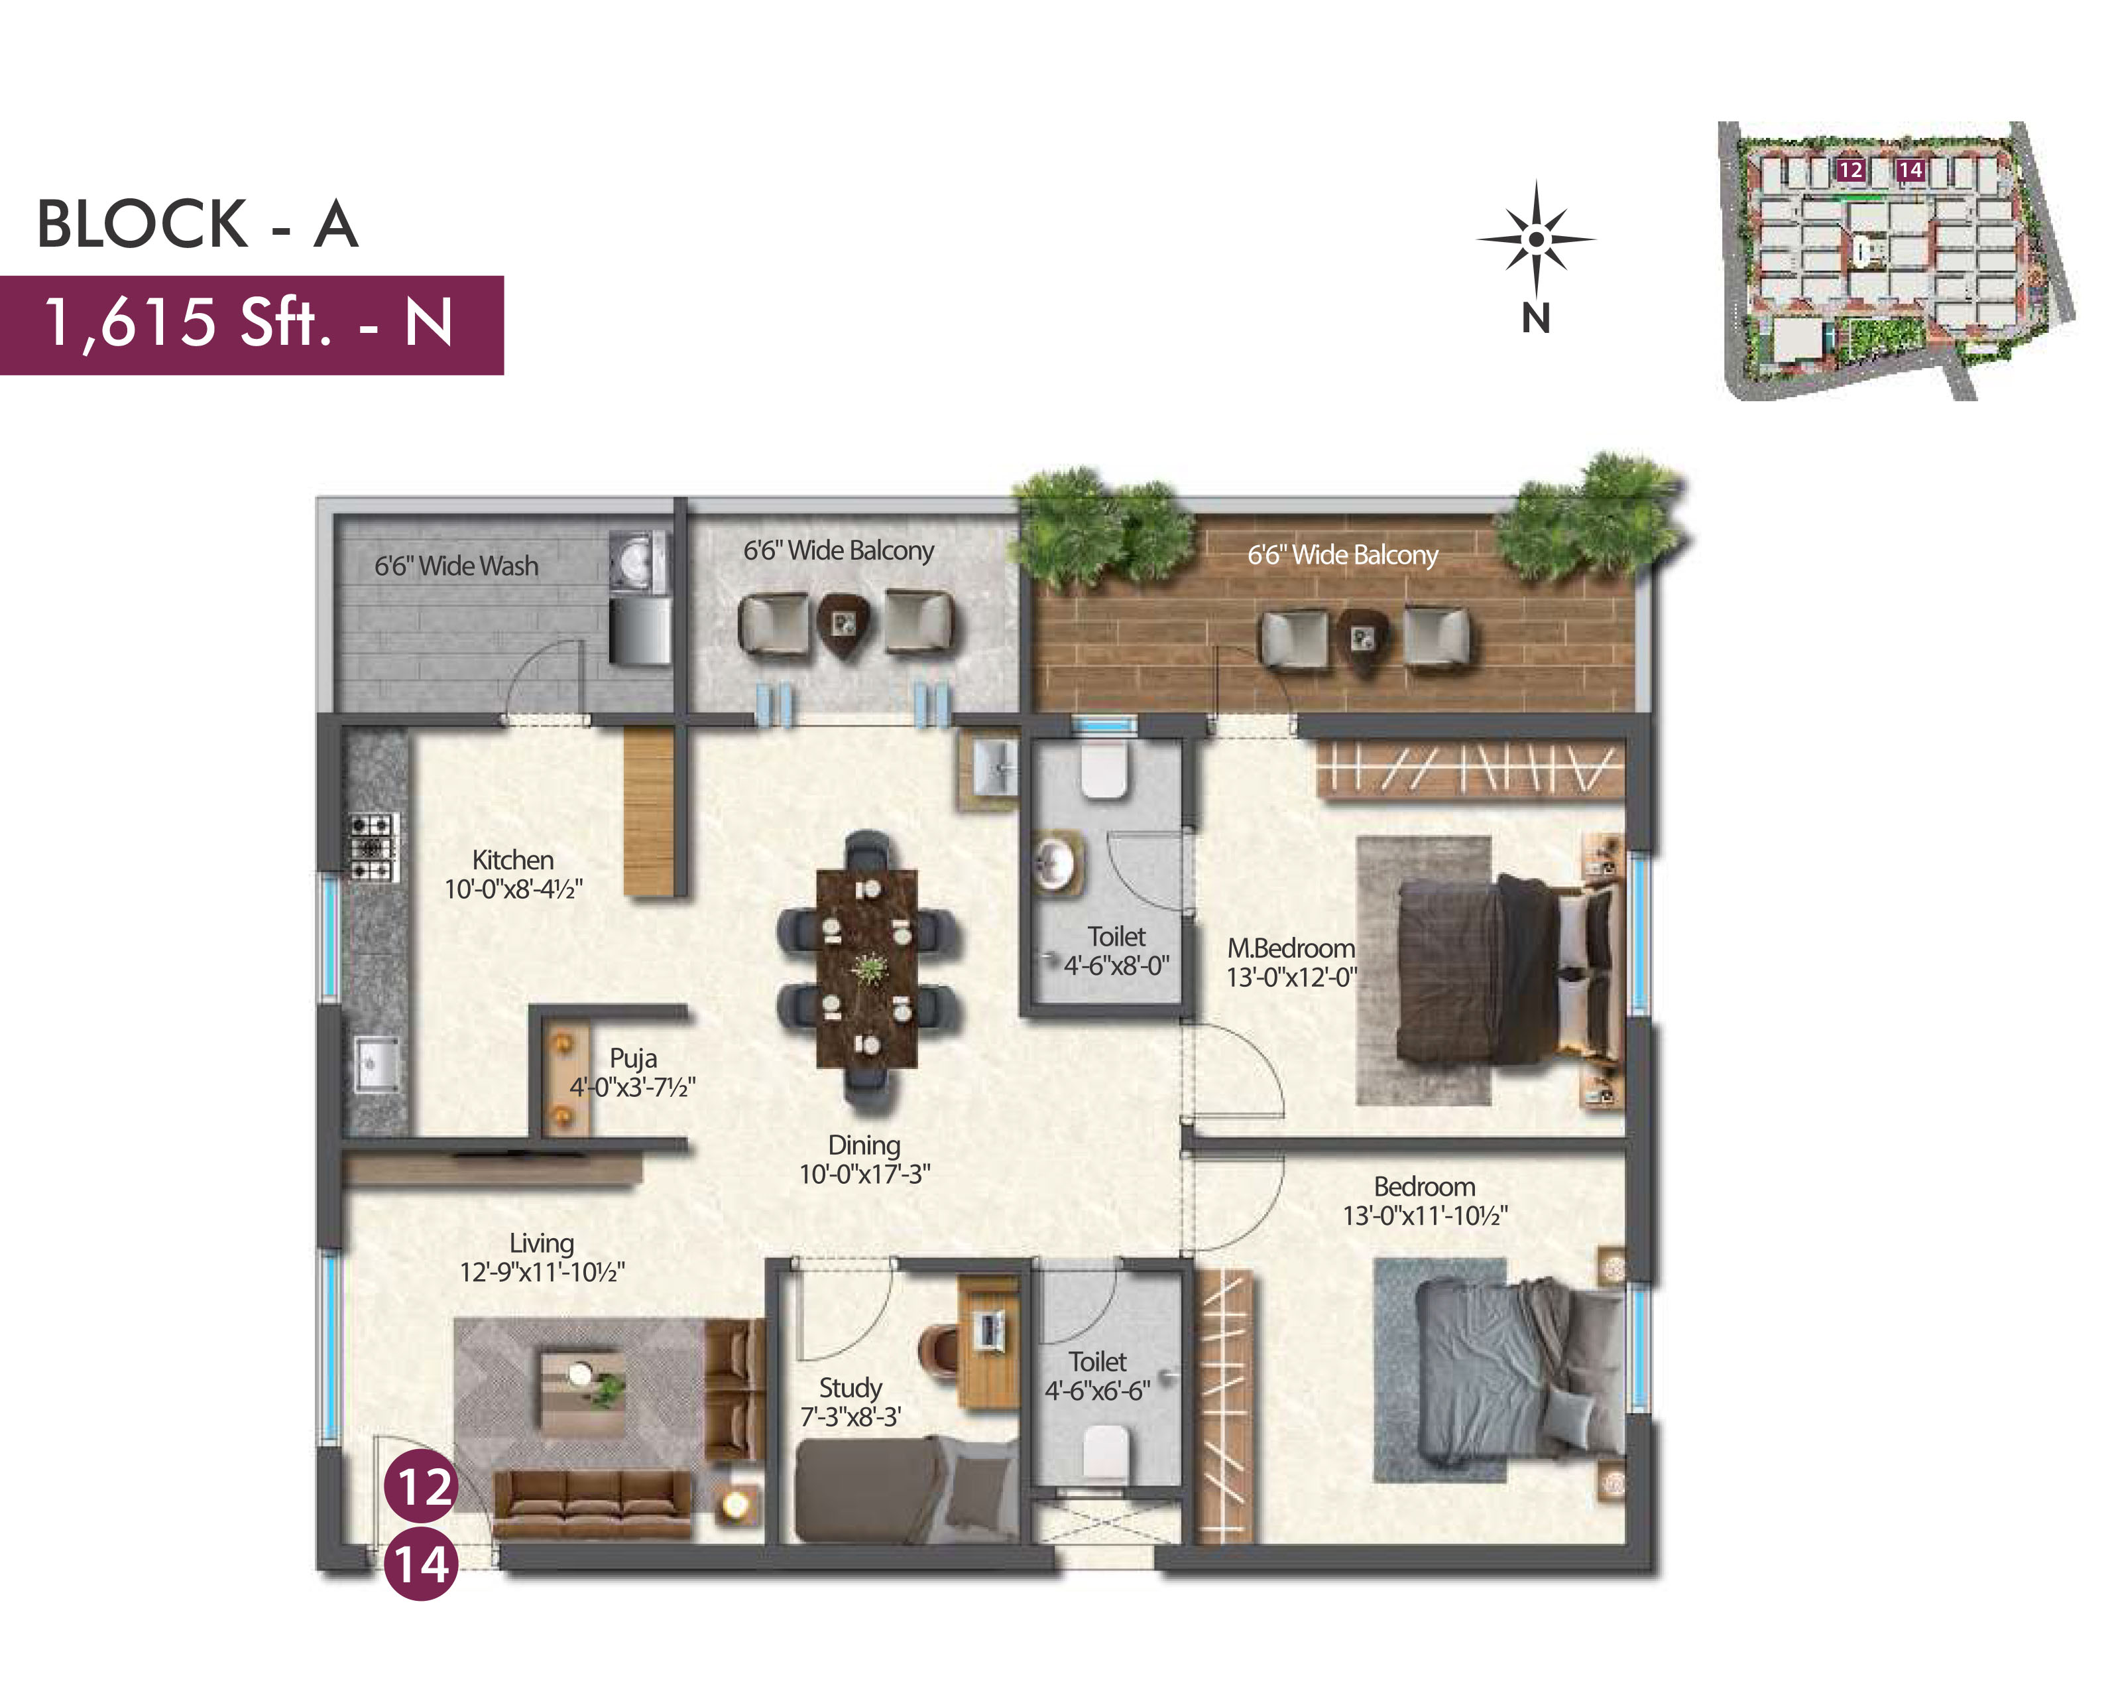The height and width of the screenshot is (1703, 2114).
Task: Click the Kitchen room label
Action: click(513, 860)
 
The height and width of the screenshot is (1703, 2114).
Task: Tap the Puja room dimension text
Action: click(632, 1087)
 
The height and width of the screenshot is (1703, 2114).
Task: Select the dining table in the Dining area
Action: click(867, 968)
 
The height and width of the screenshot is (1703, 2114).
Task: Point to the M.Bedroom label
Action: click(1291, 948)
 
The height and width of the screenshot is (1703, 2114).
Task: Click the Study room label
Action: click(850, 1388)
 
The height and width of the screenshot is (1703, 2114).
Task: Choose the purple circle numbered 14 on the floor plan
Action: click(422, 1564)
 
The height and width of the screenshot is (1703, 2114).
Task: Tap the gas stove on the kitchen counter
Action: click(375, 847)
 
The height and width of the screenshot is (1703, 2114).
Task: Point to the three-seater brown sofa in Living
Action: click(591, 1504)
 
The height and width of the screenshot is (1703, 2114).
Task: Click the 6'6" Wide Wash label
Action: click(456, 566)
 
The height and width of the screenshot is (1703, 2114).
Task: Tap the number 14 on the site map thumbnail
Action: click(1910, 170)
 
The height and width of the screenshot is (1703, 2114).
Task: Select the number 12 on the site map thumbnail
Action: click(1850, 170)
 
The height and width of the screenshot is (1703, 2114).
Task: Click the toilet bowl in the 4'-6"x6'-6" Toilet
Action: click(1106, 1454)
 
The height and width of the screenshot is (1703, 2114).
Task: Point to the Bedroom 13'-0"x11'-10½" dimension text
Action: click(1425, 1216)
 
